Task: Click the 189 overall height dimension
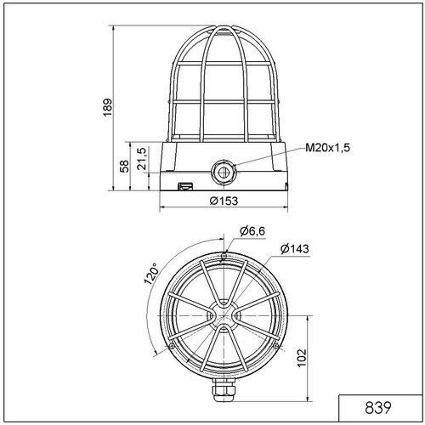click(108, 107)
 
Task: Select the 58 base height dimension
click(124, 167)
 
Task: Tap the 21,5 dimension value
click(142, 159)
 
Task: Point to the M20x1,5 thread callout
click(327, 148)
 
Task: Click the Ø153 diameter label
click(224, 201)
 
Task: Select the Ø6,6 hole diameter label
click(252, 231)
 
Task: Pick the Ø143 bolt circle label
click(295, 249)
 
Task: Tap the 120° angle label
click(150, 273)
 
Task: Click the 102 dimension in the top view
click(302, 358)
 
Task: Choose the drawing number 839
click(378, 408)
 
